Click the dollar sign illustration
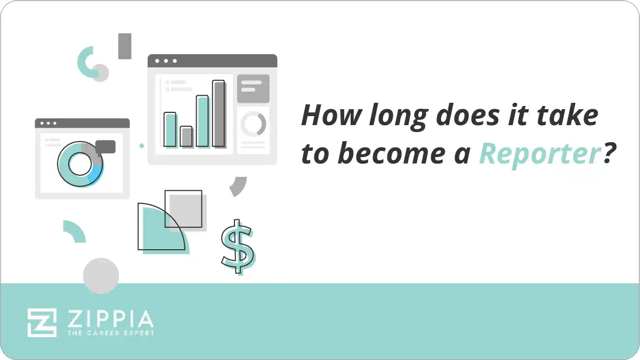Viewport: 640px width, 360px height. pos(237,246)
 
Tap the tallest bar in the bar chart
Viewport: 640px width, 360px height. pos(218,113)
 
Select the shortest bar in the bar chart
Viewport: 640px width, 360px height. pos(186,136)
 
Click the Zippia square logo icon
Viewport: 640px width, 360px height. pos(42,322)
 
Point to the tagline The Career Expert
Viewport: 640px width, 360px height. pos(110,333)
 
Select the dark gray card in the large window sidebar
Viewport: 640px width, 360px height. pos(253,88)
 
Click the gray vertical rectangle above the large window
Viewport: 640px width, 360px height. pos(125,46)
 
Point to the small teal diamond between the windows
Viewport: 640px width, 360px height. pos(141,145)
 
